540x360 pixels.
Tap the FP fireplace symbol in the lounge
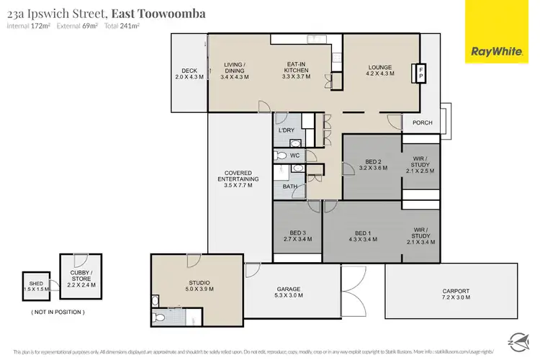tap(423, 73)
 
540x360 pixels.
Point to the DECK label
tap(189, 71)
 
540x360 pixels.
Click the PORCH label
tap(423, 122)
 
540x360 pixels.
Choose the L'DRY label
tap(287, 130)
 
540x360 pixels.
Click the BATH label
tap(289, 186)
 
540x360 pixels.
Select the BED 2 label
tap(373, 161)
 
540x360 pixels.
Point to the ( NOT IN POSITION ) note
tap(58, 312)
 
